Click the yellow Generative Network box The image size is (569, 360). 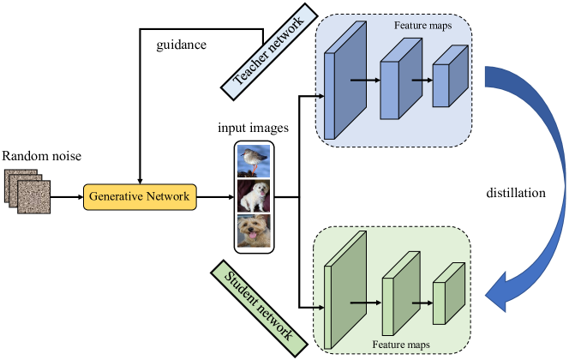click(140, 197)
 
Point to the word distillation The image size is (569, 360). click(515, 194)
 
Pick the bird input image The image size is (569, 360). click(255, 159)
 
